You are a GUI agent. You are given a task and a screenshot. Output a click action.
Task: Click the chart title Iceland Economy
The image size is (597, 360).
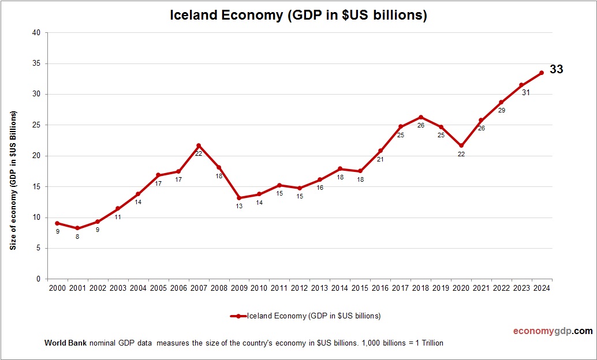[298, 15]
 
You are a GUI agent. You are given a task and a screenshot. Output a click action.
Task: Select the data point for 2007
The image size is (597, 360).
[199, 145]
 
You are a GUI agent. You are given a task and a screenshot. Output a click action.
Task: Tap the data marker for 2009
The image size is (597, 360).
[239, 198]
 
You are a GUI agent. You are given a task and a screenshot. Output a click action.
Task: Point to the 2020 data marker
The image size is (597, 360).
[461, 146]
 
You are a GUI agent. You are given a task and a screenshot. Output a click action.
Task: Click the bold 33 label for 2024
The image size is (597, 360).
[556, 69]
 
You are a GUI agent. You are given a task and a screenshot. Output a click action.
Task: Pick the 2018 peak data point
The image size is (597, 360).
[420, 117]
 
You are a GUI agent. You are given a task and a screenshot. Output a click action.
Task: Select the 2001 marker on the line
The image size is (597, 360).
[77, 228]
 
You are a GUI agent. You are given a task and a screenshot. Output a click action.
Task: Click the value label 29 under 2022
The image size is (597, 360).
[501, 110]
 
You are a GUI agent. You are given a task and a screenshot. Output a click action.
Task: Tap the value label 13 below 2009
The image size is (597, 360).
[239, 206]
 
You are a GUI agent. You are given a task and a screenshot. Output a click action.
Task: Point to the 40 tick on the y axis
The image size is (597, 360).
[36, 33]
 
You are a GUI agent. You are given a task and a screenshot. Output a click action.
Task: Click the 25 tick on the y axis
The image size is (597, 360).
[36, 125]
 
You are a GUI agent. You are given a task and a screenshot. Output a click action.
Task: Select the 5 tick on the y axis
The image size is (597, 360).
[38, 248]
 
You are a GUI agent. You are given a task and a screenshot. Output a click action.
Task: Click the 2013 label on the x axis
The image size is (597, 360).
[319, 288]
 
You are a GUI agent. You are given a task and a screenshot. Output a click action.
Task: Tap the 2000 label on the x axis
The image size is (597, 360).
[57, 288]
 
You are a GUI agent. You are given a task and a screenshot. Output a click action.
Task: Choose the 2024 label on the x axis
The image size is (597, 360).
[541, 288]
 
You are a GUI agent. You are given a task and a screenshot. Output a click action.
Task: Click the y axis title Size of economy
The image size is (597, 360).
[12, 179]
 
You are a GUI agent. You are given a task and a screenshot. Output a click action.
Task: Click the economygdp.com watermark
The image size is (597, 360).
[553, 331]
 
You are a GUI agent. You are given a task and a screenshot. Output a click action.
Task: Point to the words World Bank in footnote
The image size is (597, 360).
[65, 343]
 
